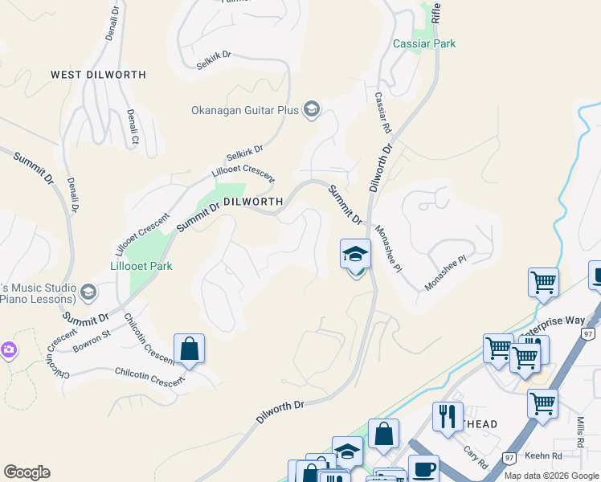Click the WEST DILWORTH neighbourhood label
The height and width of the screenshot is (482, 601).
(98, 75)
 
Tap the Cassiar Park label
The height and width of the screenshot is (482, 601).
(423, 43)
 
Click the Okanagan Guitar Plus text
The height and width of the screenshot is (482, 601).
(244, 110)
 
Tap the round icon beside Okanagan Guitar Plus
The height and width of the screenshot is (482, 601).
(312, 110)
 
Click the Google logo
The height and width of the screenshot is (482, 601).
(27, 472)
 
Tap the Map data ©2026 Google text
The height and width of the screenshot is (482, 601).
(551, 476)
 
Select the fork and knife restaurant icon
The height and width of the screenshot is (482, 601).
(448, 417)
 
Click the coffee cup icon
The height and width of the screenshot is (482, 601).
(423, 468)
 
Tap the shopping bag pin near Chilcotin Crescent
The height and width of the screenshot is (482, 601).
(189, 349)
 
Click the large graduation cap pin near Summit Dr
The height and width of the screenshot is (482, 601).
(355, 255)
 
